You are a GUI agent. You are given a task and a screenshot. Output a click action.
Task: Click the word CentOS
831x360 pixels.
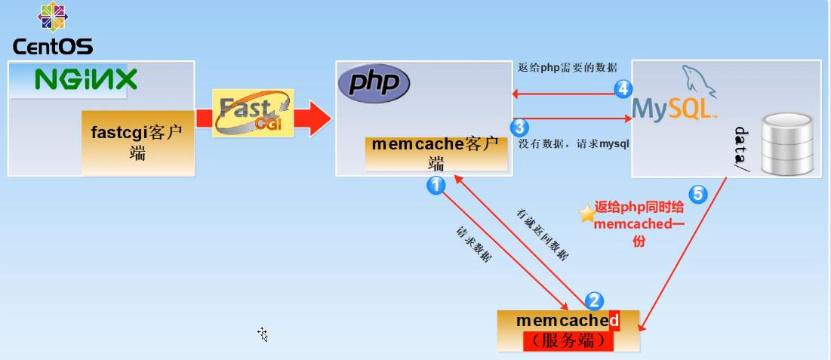tap(53, 47)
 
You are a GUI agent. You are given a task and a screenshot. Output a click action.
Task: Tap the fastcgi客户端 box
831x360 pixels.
tap(137, 142)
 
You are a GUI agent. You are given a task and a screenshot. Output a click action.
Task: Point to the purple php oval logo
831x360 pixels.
tap(374, 82)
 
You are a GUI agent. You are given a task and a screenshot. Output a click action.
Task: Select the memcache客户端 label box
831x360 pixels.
tap(436, 153)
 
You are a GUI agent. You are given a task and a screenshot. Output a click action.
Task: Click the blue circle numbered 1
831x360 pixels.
tap(436, 185)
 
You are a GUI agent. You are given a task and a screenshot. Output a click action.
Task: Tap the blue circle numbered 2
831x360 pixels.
tap(595, 300)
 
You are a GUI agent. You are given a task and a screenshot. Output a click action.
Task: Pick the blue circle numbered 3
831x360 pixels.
tap(519, 126)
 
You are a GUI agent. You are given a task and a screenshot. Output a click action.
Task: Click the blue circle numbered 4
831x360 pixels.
tap(623, 89)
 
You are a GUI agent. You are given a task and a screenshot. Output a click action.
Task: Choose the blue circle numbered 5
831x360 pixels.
tap(698, 194)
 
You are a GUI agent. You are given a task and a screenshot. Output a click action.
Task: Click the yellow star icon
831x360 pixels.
tap(586, 214)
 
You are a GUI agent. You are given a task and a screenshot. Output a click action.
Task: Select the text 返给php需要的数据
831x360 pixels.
tap(568, 68)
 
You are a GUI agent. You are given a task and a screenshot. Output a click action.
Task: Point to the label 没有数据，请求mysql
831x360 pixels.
tap(574, 143)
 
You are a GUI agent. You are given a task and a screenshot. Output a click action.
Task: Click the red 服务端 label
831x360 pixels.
tap(568, 341)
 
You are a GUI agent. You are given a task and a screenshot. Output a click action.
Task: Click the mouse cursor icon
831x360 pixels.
tap(263, 334)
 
